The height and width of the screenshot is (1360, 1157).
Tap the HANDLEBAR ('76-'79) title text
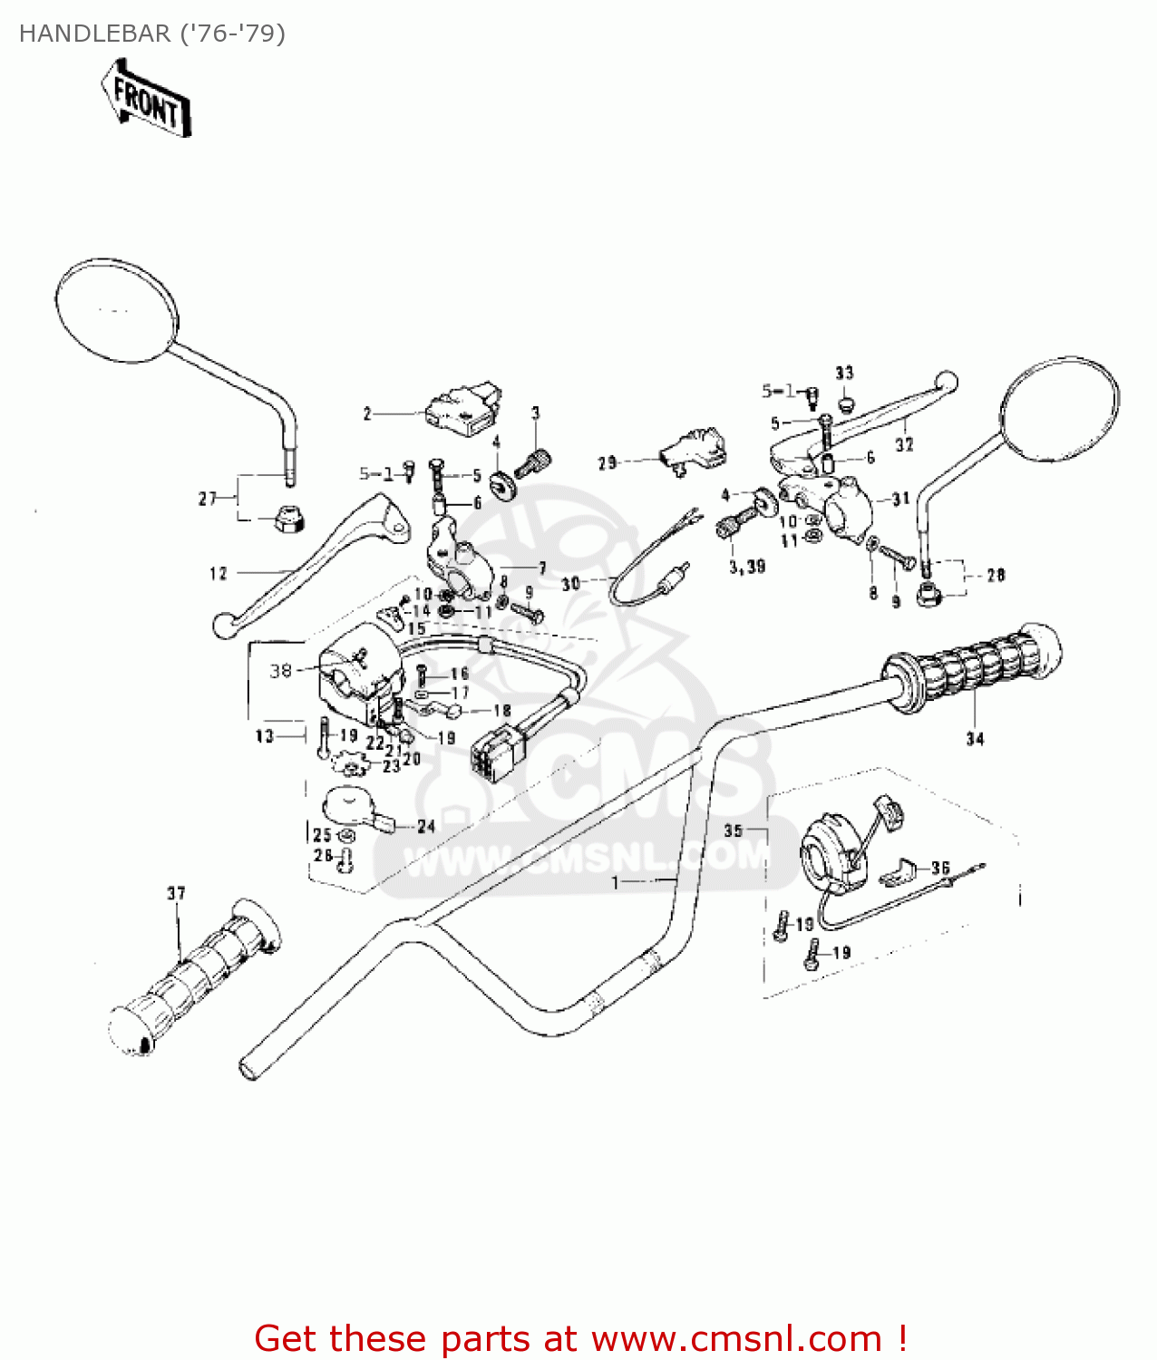(152, 34)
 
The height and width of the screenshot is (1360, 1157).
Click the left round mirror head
(116, 310)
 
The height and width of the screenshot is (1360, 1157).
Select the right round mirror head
(1059, 411)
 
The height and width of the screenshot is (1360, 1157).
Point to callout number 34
(975, 739)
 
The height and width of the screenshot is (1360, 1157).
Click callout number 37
(176, 893)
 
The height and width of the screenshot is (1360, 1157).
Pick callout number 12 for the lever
(219, 573)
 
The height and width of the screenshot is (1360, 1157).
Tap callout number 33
(844, 373)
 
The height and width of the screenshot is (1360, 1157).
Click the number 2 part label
(367, 414)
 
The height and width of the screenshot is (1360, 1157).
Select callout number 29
(608, 463)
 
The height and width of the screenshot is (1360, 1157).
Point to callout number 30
(570, 584)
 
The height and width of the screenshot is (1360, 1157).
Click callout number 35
(733, 831)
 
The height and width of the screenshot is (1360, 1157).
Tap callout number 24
(426, 826)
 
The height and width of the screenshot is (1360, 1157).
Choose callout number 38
(280, 671)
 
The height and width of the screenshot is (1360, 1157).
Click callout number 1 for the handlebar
(616, 882)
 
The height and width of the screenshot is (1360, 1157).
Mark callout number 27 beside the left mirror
(208, 498)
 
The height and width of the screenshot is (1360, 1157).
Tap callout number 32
(904, 444)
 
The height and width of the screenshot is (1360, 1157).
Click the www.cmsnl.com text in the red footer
(737, 1338)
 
